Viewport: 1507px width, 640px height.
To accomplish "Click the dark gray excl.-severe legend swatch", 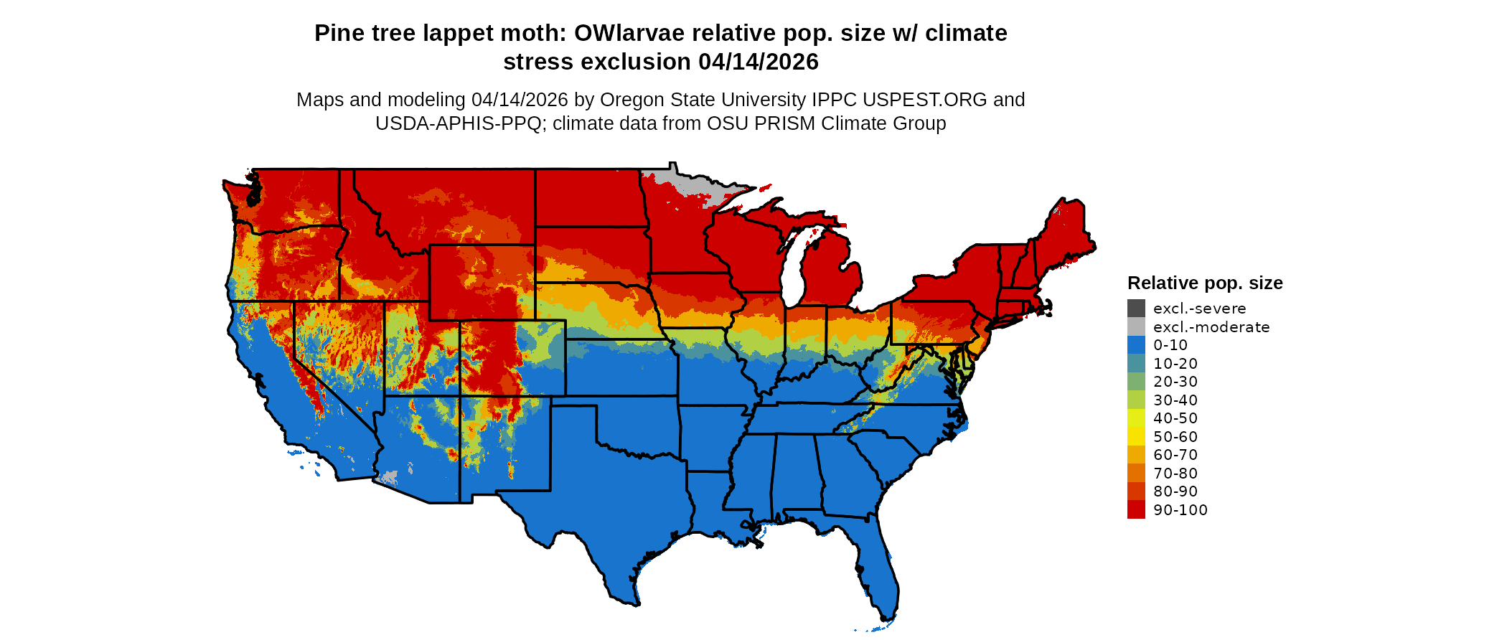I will click(x=1136, y=309).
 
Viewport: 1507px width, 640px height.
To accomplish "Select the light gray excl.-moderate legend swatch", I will click(x=1136, y=326).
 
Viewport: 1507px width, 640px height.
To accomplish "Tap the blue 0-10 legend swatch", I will click(x=1136, y=345).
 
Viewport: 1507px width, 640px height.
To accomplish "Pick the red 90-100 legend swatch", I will click(x=1136, y=509).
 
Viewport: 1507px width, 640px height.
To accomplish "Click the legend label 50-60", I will click(x=1175, y=437).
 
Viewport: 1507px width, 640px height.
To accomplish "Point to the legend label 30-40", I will click(x=1175, y=400).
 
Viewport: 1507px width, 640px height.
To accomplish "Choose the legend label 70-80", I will click(x=1175, y=474).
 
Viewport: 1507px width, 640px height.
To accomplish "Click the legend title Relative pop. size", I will click(x=1205, y=283).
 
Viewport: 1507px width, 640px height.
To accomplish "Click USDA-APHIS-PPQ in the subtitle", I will click(x=459, y=123).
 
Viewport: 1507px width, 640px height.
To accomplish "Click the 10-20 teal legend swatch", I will click(x=1136, y=363).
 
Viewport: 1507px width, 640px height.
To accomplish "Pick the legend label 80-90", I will click(x=1175, y=491).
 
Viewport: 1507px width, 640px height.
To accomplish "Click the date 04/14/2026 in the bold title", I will click(x=758, y=62).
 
